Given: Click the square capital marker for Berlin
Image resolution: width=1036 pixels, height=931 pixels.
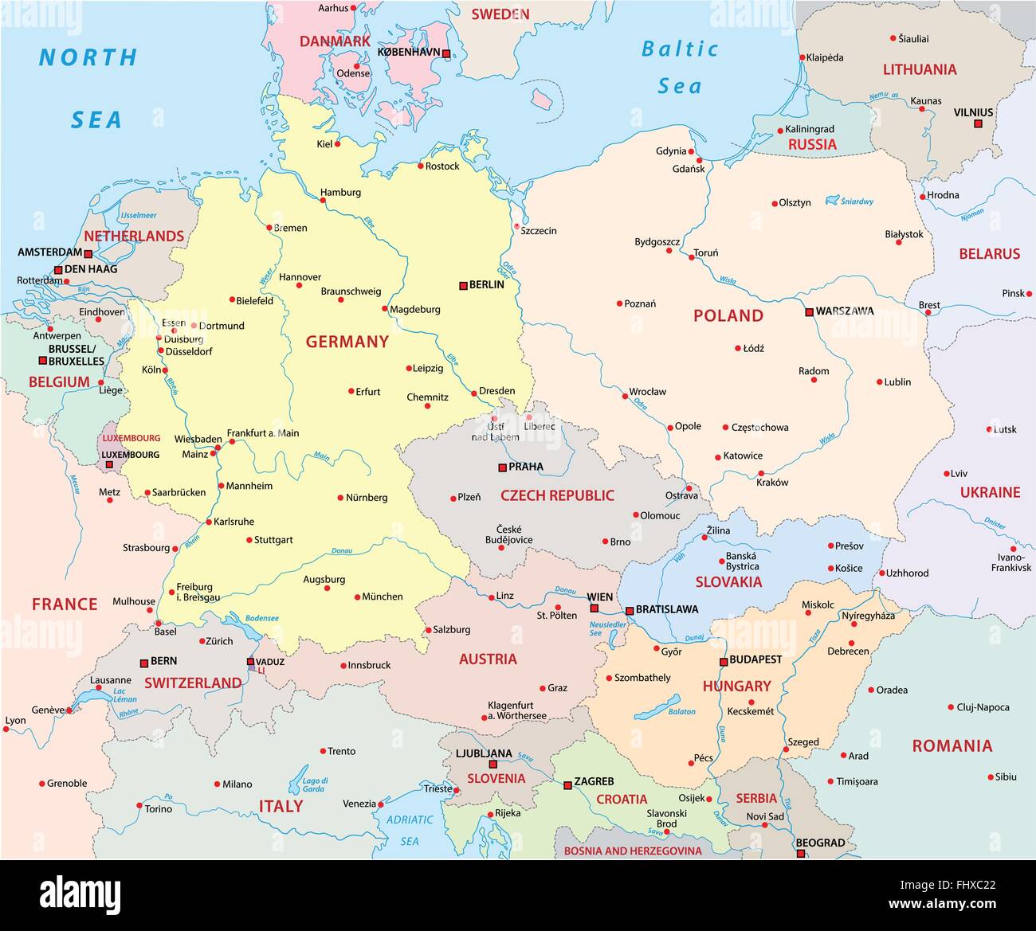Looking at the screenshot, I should [x=463, y=285].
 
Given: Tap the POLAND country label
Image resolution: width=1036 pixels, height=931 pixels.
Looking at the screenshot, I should [x=728, y=315].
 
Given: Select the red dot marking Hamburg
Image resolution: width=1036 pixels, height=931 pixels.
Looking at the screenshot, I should [x=324, y=201].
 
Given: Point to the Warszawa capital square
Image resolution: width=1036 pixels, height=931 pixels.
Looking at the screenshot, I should [x=809, y=311].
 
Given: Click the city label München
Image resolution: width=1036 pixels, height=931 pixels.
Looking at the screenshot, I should [x=383, y=597].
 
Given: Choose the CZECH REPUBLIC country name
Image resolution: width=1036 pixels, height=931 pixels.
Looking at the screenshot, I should [x=557, y=495].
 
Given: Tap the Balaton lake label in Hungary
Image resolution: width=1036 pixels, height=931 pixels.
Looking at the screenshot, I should [x=681, y=711].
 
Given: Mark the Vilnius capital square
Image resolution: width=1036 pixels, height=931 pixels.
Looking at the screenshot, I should [x=979, y=124].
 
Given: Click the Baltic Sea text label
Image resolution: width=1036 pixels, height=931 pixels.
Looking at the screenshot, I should [x=680, y=67].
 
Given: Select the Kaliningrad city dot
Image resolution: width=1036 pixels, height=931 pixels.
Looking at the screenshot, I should [x=779, y=131].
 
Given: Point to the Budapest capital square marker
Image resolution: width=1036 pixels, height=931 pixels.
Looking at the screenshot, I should [x=724, y=661].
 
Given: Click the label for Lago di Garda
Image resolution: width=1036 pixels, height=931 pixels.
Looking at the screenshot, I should [x=315, y=784].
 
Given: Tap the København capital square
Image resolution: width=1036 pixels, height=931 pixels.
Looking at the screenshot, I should [x=446, y=54].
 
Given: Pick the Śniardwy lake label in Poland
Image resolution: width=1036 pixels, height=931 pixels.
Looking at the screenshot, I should [x=857, y=201].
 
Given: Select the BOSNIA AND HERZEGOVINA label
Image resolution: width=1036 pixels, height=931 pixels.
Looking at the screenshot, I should [x=633, y=851].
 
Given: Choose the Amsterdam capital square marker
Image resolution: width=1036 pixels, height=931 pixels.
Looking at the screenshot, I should [x=88, y=255].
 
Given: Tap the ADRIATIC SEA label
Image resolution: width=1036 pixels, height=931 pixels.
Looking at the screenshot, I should [x=410, y=830].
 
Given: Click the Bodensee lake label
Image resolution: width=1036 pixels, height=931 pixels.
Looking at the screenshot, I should [x=262, y=618].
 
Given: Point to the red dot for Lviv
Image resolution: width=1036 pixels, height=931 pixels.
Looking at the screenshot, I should [x=947, y=473].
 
